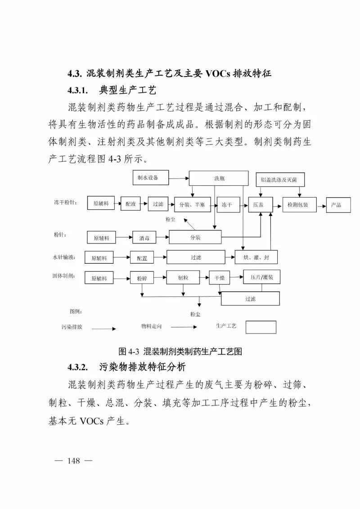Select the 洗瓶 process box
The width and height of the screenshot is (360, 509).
219,178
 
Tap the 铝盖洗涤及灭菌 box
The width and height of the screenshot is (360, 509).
279,180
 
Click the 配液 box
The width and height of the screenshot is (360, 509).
130,204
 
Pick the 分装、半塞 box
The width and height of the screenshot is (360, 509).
189,204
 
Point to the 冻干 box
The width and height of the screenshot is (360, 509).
227,204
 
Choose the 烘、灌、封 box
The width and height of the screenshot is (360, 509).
256,257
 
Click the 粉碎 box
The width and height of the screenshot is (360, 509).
142,278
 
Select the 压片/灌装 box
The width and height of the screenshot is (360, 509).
259,277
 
